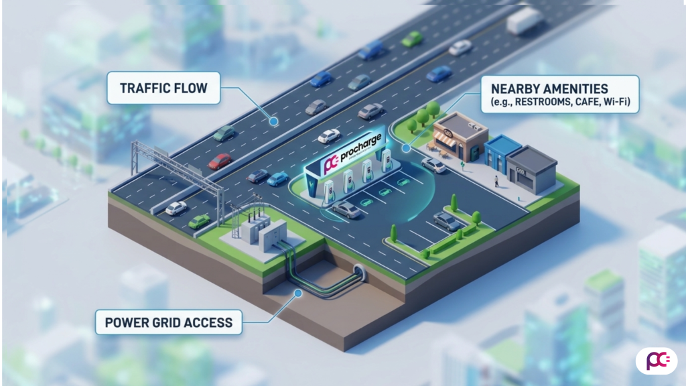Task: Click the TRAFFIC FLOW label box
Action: [163, 88]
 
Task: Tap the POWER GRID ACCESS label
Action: [168, 322]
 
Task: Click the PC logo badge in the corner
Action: [655, 361]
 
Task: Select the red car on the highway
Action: [219, 161]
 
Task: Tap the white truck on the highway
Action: [524, 21]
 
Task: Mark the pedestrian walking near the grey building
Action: [496, 181]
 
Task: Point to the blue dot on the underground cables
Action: [296, 292]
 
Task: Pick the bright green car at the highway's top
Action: [412, 38]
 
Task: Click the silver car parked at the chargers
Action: [346, 209]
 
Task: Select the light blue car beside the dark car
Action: [277, 179]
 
